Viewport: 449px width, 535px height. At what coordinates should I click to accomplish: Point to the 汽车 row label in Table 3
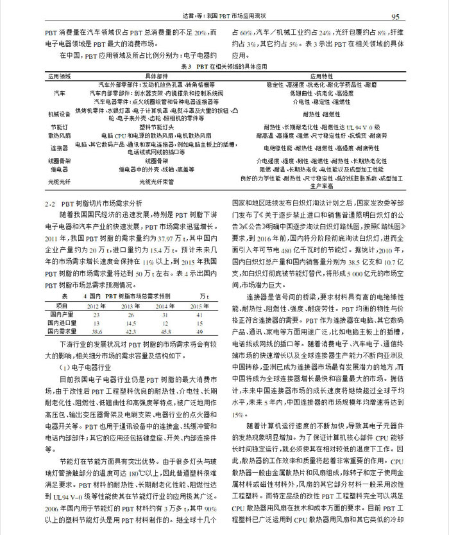pyautogui.click(x=59, y=92)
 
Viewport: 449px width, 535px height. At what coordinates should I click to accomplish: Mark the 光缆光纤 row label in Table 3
pyautogui.click(x=59, y=182)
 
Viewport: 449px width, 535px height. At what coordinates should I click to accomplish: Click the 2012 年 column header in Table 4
pyautogui.click(x=97, y=306)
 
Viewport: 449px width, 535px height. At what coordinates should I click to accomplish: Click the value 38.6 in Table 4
pyautogui.click(x=97, y=331)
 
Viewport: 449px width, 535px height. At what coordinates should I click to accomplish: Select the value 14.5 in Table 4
pyautogui.click(x=133, y=323)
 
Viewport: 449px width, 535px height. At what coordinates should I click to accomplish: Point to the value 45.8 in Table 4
pyautogui.click(x=169, y=331)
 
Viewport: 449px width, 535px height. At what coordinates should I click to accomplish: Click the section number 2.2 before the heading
pyautogui.click(x=53, y=202)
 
